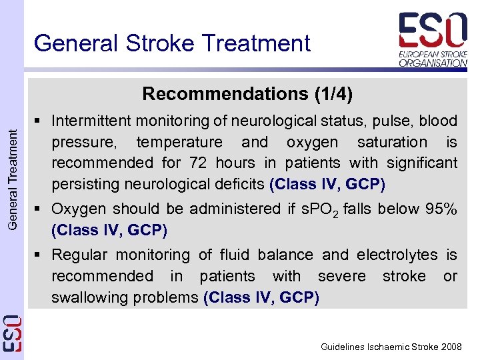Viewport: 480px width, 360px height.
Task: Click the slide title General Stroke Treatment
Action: pos(172,43)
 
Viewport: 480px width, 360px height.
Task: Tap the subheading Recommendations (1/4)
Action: pos(247,93)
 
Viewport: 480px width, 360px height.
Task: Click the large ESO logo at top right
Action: pos(433,30)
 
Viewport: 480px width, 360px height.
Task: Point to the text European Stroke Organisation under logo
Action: pos(433,58)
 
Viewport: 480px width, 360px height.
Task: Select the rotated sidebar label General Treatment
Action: pos(12,179)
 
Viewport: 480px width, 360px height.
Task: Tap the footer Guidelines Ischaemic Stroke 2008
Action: pos(391,347)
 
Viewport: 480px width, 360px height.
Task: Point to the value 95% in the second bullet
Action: pos(441,209)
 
